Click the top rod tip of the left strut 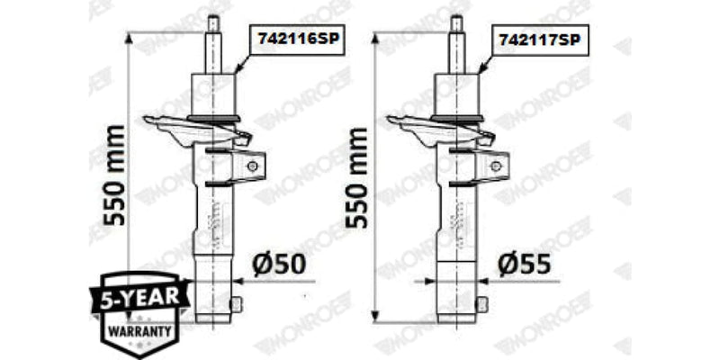[x=214, y=22]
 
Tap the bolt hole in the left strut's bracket [x=253, y=166]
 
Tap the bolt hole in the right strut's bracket [x=494, y=166]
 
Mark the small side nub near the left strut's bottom [x=238, y=304]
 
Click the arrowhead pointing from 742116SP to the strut [x=237, y=69]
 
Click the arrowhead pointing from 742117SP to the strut [x=478, y=69]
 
